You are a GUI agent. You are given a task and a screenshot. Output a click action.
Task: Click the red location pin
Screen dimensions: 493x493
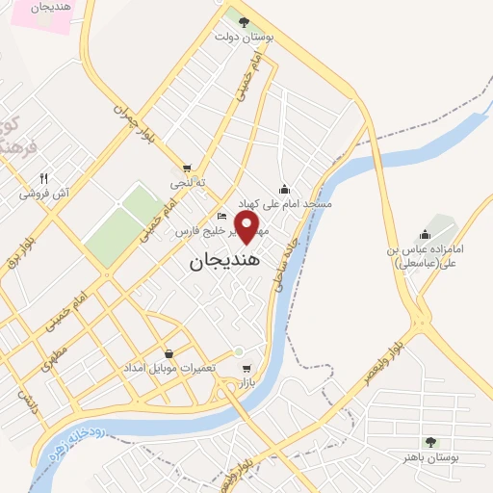[248, 227]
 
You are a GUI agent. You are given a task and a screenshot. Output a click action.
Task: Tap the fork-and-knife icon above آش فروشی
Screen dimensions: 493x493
[43, 178]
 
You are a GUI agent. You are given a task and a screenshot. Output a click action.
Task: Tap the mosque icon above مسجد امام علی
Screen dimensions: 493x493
[284, 190]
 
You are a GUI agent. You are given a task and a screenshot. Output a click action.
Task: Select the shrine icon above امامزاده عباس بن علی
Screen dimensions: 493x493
[425, 235]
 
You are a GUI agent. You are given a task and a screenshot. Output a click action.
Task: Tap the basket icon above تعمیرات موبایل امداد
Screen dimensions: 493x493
[169, 353]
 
